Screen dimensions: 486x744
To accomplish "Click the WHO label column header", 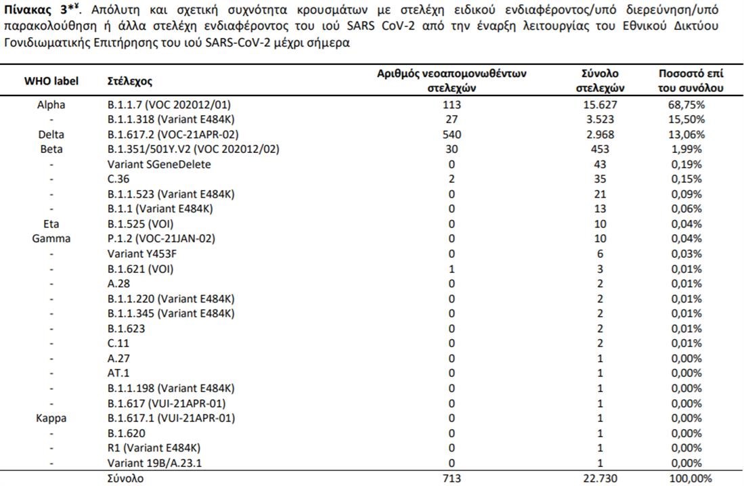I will pos(51,81).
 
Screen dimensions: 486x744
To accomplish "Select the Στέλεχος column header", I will pos(130,81).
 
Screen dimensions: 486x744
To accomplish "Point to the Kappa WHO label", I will pos(51,418).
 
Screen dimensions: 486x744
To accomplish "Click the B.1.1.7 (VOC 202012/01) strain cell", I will pos(174,105).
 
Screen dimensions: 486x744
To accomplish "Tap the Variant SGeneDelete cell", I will pos(159,164).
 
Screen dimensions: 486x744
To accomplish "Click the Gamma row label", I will pos(51,239).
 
